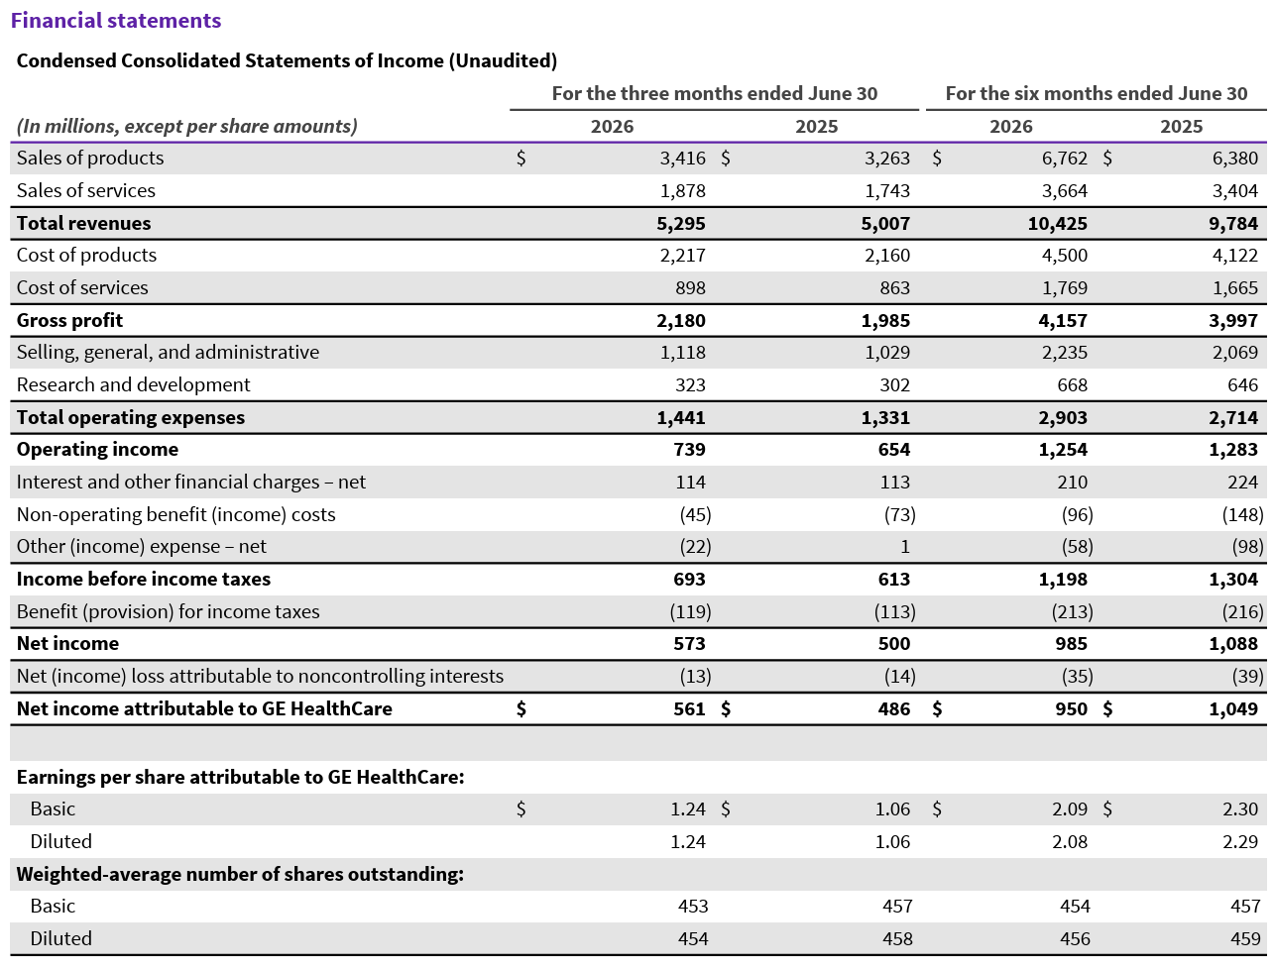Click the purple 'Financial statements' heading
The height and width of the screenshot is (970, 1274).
(116, 21)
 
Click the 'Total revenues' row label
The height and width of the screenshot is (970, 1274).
(83, 223)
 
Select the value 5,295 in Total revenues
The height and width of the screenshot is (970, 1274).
(681, 224)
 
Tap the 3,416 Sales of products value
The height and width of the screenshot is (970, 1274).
(682, 159)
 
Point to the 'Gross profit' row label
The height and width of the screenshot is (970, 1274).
(69, 320)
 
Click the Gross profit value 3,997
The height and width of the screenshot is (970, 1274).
(1233, 321)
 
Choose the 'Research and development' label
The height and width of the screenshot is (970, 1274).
(134, 385)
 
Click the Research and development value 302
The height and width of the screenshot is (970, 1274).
(894, 385)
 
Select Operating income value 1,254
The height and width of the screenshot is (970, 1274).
(1063, 450)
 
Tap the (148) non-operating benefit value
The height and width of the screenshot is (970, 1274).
(1242, 515)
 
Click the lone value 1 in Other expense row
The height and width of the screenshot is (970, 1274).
(905, 547)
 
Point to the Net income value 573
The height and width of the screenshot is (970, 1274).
(689, 644)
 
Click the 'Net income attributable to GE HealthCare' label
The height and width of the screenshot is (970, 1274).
(204, 708)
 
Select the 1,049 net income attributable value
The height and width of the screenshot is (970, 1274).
(1233, 709)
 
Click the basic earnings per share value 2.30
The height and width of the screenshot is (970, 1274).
(1240, 808)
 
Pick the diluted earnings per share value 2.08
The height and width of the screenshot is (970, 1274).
(1070, 842)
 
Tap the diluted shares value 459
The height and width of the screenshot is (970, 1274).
(1245, 938)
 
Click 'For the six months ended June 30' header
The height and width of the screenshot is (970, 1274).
(1097, 93)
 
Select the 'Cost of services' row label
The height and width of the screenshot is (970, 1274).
(82, 287)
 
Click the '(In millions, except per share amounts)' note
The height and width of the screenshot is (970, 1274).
(187, 127)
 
